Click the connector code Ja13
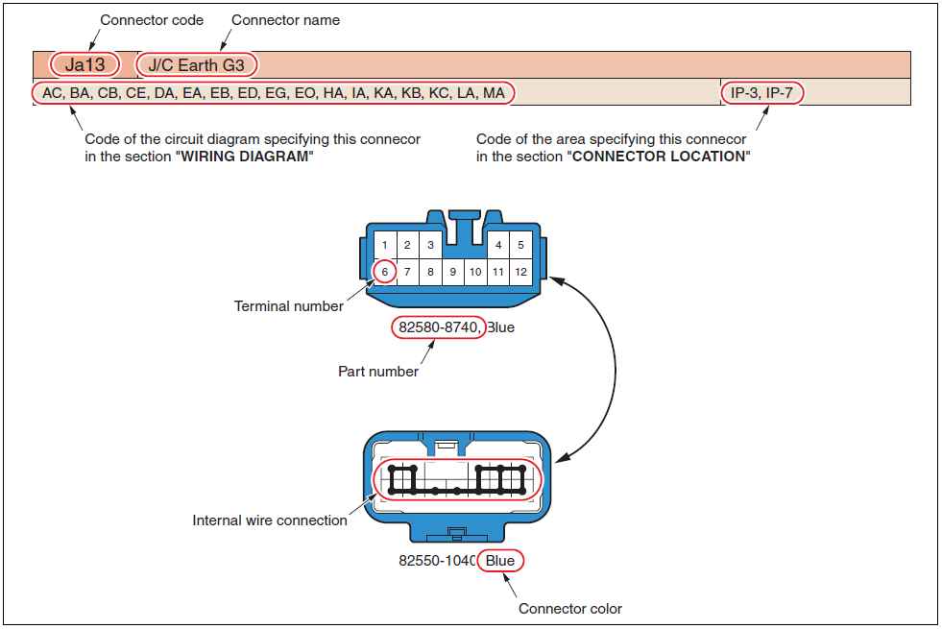pyautogui.click(x=85, y=65)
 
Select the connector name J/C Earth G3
pyautogui.click(x=203, y=65)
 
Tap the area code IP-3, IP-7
pyautogui.click(x=761, y=93)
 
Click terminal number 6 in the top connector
pyautogui.click(x=384, y=272)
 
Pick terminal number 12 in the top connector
pyautogui.click(x=520, y=272)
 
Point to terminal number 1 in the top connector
pyautogui.click(x=385, y=245)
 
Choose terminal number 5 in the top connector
pyautogui.click(x=520, y=245)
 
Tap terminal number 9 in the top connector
pyautogui.click(x=452, y=272)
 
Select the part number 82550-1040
pyautogui.click(x=438, y=561)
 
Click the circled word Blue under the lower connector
pyautogui.click(x=500, y=561)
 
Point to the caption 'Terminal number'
pyautogui.click(x=288, y=306)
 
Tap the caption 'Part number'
pyautogui.click(x=378, y=371)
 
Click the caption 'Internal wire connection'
pyautogui.click(x=270, y=520)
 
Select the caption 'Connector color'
pyautogui.click(x=570, y=608)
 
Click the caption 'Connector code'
pyautogui.click(x=152, y=20)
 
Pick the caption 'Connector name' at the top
pyautogui.click(x=285, y=20)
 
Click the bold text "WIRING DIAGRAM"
pyautogui.click(x=244, y=157)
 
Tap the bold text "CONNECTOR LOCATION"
pyautogui.click(x=659, y=157)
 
